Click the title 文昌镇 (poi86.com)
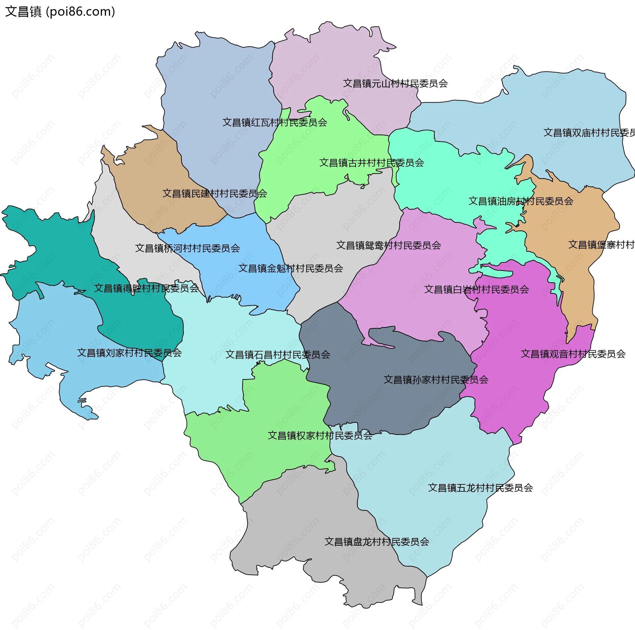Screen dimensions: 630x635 pos(60,12)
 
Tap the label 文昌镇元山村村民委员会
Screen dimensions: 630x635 pos(395,83)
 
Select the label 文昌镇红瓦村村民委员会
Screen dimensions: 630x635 pos(275,122)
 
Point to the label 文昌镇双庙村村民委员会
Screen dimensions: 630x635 pos(589,133)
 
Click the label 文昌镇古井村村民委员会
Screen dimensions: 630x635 pos(371,163)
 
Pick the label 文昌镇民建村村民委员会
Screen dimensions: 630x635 pos(215,194)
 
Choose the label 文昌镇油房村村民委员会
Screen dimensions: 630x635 pos(521,201)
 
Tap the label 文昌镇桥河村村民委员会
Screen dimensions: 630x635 pos(187,248)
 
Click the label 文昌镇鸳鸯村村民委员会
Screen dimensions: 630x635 pos(388,246)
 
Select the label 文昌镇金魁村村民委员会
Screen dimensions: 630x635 pos(290,268)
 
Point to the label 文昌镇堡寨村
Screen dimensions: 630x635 pos(601,245)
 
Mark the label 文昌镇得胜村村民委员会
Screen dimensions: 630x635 pos(146,288)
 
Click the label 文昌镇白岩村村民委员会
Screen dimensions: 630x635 pos(476,290)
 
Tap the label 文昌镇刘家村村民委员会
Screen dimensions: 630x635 pos(129,353)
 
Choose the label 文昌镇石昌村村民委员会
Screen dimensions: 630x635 pos(277,355)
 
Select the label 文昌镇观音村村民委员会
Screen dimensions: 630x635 pos(573,354)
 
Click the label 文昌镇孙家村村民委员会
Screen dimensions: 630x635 pos(436,380)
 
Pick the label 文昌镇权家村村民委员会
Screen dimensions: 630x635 pos(320,435)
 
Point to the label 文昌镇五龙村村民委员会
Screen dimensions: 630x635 pos(480,488)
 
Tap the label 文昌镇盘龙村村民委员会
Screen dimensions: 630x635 pos(376,542)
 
